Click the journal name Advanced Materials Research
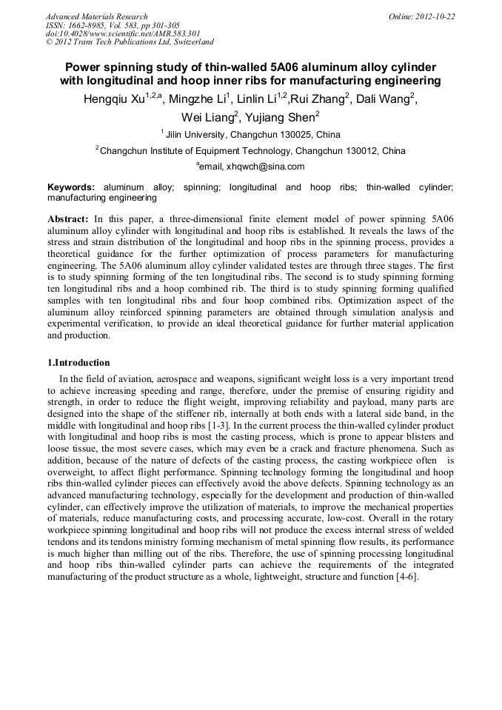(96, 16)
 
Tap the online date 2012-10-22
(435, 16)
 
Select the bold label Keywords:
(71, 188)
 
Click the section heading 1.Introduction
(78, 363)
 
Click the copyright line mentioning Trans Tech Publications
(130, 42)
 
